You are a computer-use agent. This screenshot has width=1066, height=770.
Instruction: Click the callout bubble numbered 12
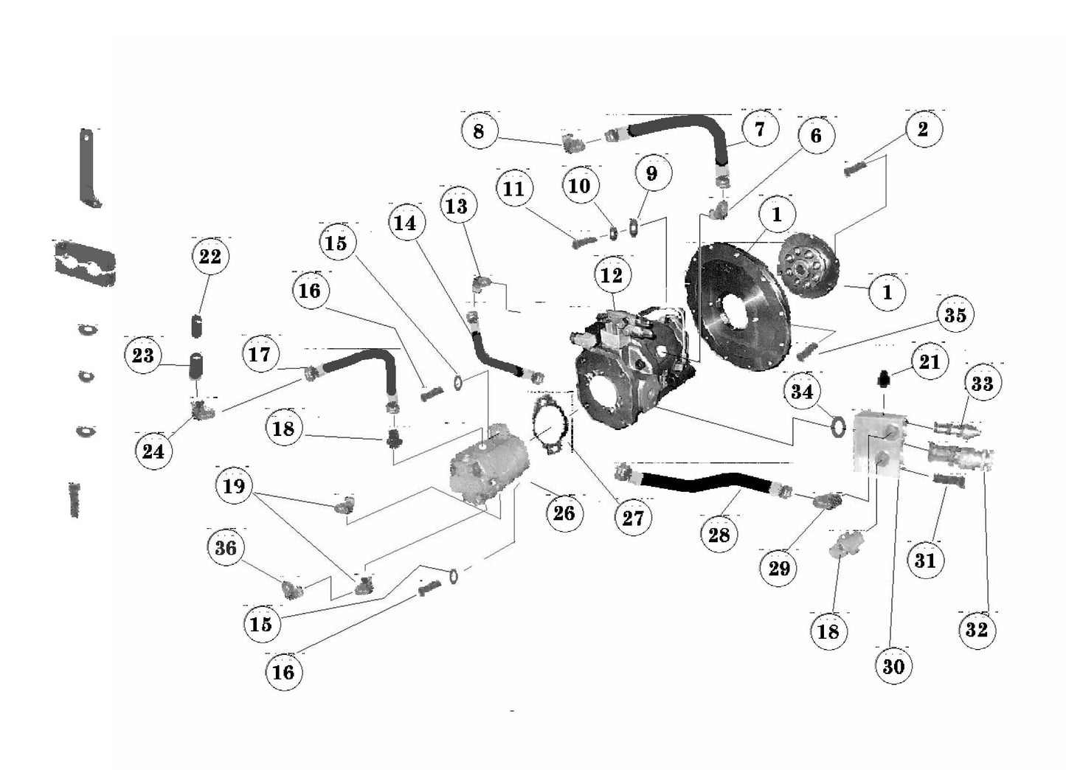coord(611,275)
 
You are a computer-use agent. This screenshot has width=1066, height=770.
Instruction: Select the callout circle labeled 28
coord(719,534)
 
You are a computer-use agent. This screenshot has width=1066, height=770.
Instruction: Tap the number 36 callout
coord(226,549)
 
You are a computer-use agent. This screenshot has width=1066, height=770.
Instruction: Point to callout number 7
coord(759,130)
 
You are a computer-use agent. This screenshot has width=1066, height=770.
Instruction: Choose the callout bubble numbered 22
coord(210,257)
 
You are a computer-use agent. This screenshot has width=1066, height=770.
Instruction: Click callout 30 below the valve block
coord(893,666)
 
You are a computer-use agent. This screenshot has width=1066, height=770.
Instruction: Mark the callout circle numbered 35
coord(955,315)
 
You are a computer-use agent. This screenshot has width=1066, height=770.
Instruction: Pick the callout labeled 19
coord(234,486)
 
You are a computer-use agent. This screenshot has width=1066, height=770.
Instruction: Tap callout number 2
coord(922,129)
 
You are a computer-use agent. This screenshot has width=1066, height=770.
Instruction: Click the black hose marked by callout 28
coord(701,485)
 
